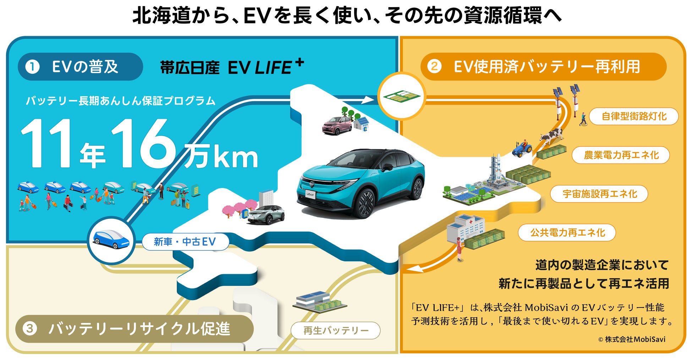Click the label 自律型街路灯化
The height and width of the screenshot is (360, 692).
pyautogui.click(x=634, y=116)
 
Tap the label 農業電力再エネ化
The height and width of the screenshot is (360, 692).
pyautogui.click(x=621, y=155)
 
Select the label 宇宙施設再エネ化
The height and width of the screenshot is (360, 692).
pyautogui.click(x=599, y=194)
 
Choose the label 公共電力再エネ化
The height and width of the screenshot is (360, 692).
pyautogui.click(x=567, y=233)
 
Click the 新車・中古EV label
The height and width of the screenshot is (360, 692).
pyautogui.click(x=185, y=242)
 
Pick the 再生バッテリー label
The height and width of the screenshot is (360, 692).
pyautogui.click(x=336, y=331)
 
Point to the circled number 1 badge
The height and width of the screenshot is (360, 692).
pyautogui.click(x=32, y=67)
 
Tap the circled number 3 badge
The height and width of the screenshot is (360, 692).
pyautogui.click(x=30, y=328)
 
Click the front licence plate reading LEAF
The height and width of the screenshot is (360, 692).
pyautogui.click(x=310, y=194)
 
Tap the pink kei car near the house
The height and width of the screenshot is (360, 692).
pyautogui.click(x=337, y=126)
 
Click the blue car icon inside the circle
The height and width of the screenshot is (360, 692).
pyautogui.click(x=111, y=239)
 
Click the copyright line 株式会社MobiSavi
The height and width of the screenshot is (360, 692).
pyautogui.click(x=632, y=339)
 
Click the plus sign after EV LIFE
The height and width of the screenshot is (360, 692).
pyautogui.click(x=300, y=62)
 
